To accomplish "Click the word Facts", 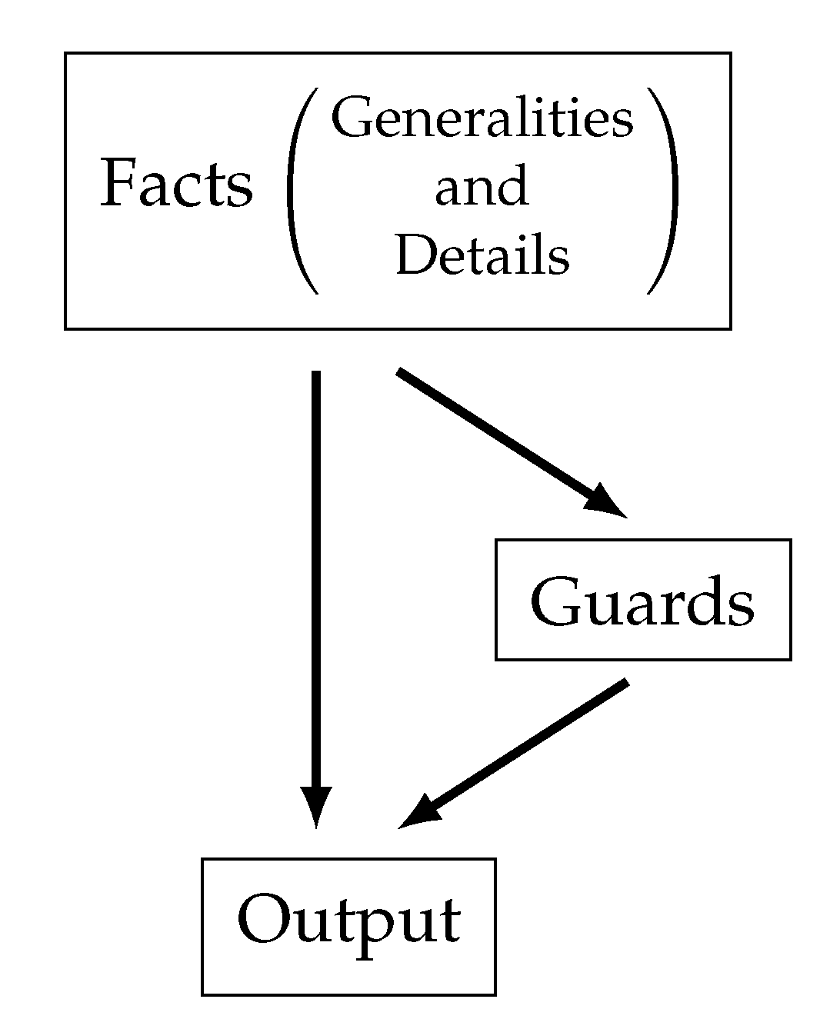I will [177, 185].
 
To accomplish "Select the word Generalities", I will [482, 120].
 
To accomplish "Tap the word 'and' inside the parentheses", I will [482, 187].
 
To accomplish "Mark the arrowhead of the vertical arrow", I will [316, 808].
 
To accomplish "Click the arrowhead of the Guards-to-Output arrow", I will [419, 815].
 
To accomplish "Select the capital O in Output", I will [262, 918].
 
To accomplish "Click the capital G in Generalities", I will [350, 118].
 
